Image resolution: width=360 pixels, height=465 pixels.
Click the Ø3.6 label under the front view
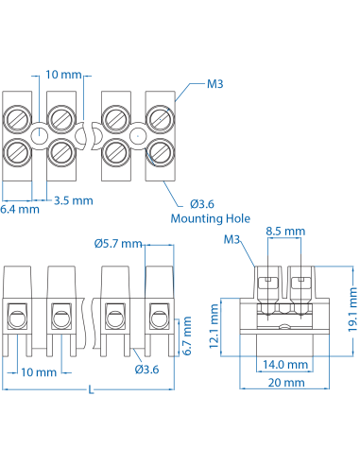[x=146, y=369]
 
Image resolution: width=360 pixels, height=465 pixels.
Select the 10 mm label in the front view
[x=39, y=372]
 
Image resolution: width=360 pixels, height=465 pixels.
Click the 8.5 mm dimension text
[x=285, y=231]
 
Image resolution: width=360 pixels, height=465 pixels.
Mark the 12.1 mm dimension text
[x=215, y=324]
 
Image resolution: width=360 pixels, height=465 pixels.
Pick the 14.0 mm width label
[x=285, y=364]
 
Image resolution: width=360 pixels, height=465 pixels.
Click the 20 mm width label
[x=285, y=383]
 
